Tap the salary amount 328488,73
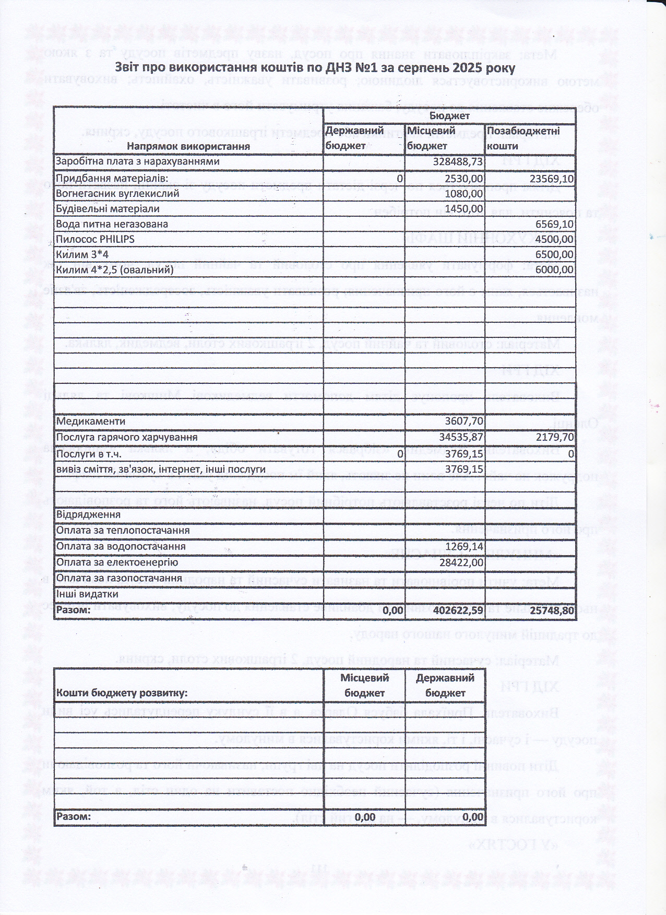pyautogui.click(x=458, y=162)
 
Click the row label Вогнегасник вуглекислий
pyautogui.click(x=117, y=194)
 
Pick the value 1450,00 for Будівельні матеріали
pyautogui.click(x=464, y=209)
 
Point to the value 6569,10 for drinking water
pyautogui.click(x=554, y=224)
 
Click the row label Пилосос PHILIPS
pyautogui.click(x=95, y=239)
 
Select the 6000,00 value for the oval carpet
pyautogui.click(x=554, y=270)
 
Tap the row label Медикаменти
pyautogui.click(x=91, y=421)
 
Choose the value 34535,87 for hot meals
pyautogui.click(x=461, y=437)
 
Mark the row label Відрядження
pyautogui.click(x=88, y=514)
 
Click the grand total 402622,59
pyautogui.click(x=458, y=610)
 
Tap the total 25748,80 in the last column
pyautogui.click(x=551, y=610)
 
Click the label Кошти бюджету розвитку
pyautogui.click(x=122, y=693)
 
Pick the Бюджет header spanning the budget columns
pyautogui.click(x=449, y=116)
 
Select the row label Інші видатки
pyautogui.click(x=87, y=594)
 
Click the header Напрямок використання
pyautogui.click(x=188, y=147)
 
